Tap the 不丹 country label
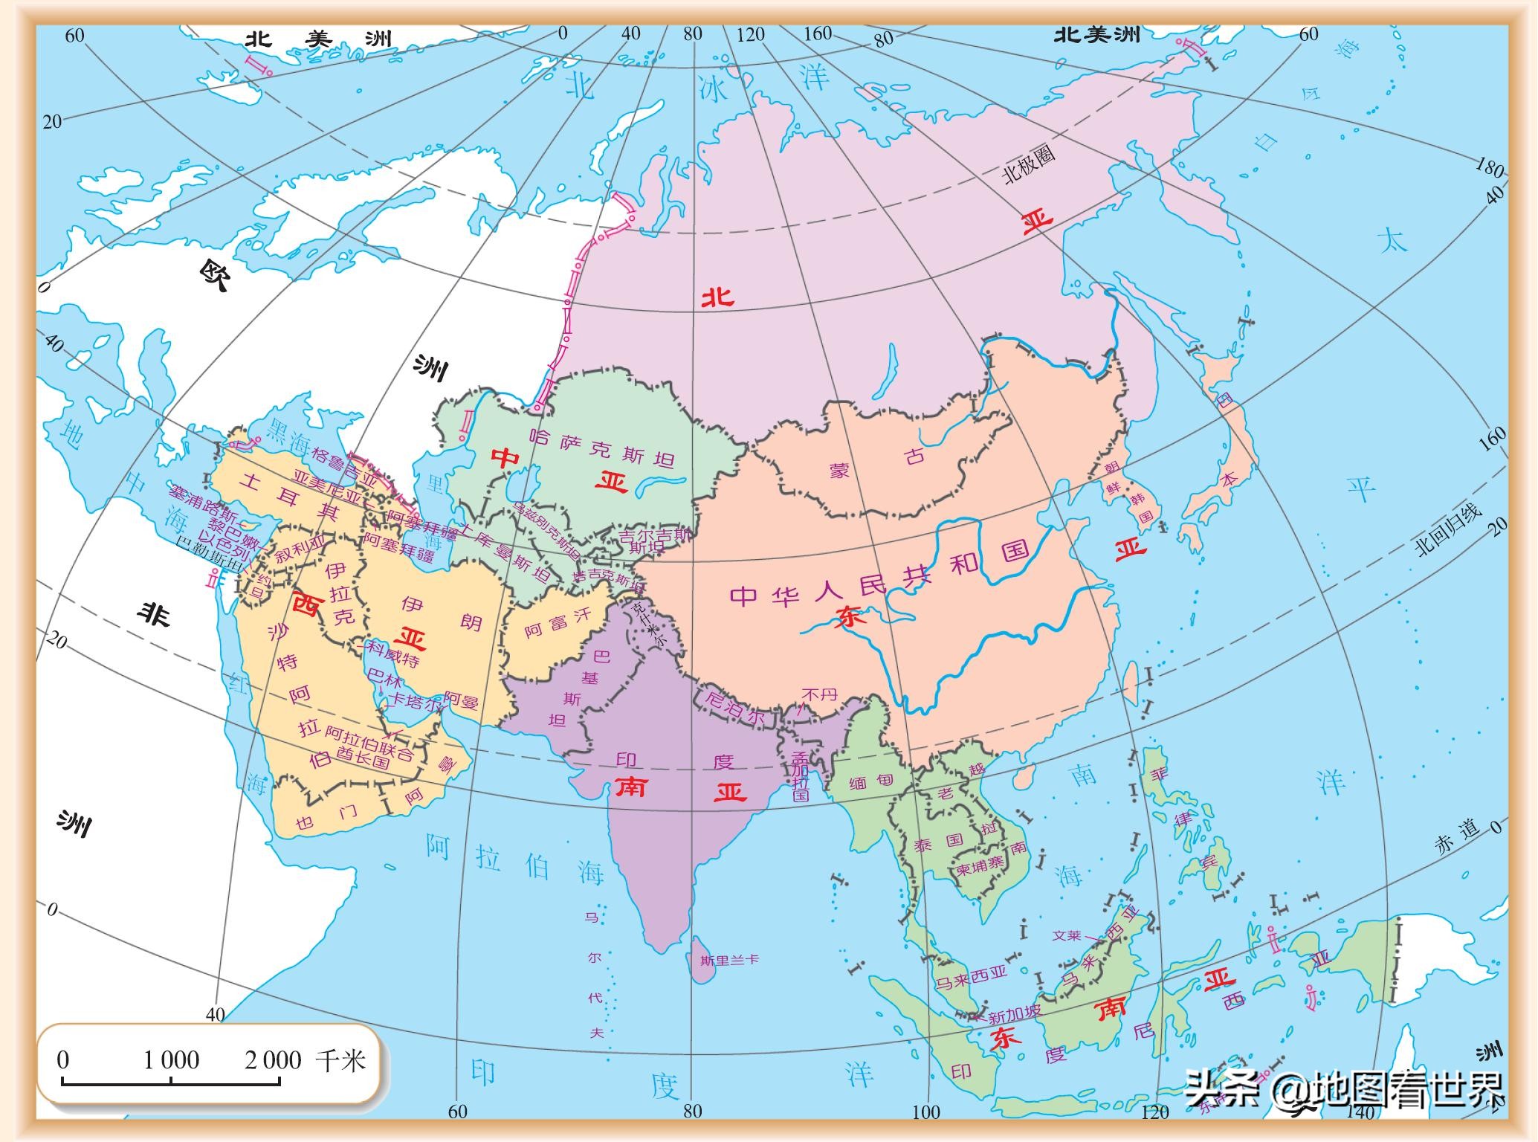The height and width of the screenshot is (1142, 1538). [x=819, y=694]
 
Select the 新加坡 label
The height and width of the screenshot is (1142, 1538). [x=1014, y=1015]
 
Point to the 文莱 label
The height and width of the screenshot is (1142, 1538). [x=1067, y=935]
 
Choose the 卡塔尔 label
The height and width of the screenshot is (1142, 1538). [x=415, y=701]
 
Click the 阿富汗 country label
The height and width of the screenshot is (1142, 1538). [x=558, y=623]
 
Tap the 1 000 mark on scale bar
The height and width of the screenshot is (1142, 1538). [x=171, y=1060]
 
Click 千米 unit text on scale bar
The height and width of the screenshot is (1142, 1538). [x=340, y=1059]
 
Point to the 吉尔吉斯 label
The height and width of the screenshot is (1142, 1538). [x=655, y=535]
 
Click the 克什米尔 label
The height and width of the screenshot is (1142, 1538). [x=650, y=626]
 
